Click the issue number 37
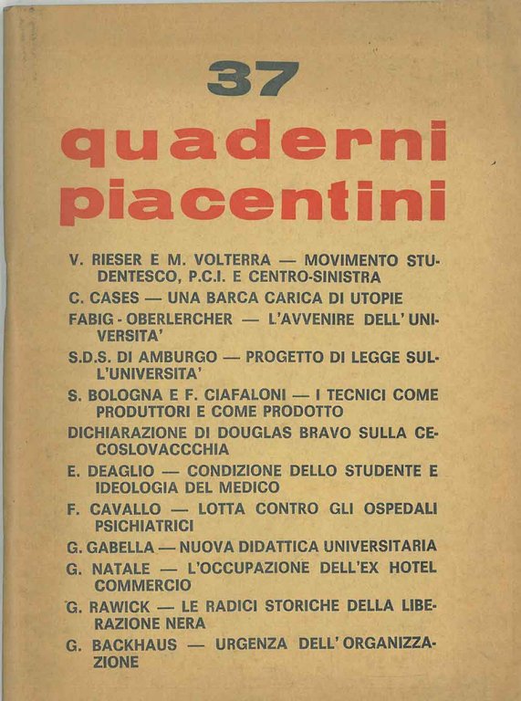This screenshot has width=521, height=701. (253, 79)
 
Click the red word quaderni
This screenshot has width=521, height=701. (253, 143)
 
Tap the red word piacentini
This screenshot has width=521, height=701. (253, 200)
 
